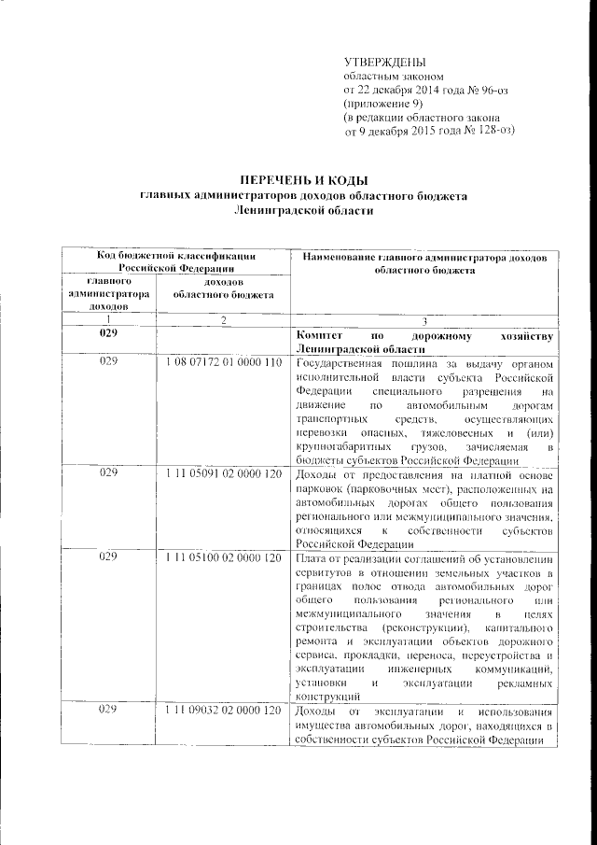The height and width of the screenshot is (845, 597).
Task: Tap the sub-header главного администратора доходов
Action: pyautogui.click(x=109, y=293)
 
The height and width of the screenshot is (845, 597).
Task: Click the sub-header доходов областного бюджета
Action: pyautogui.click(x=223, y=288)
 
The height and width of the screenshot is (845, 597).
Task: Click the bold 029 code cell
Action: pyautogui.click(x=109, y=334)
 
